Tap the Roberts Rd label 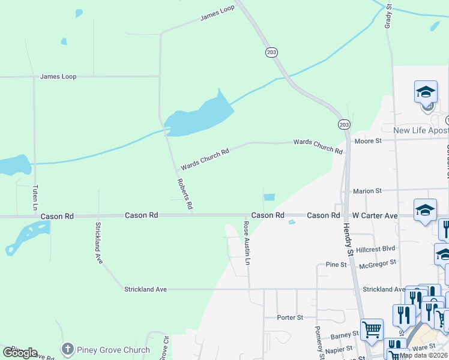(x=185, y=193)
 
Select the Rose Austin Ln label (x=246, y=243)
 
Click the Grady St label (x=388, y=16)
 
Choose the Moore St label (x=368, y=141)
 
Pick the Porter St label (x=291, y=317)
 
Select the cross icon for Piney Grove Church (x=68, y=349)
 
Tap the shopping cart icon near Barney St (x=372, y=329)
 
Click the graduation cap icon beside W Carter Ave (x=425, y=211)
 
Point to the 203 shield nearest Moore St (x=343, y=124)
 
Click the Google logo (x=20, y=353)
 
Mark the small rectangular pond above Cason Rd (x=269, y=197)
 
